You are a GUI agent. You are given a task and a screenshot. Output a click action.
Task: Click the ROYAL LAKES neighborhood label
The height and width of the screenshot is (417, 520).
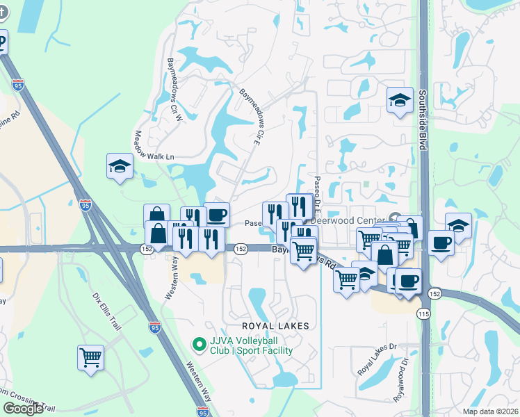point(274,325)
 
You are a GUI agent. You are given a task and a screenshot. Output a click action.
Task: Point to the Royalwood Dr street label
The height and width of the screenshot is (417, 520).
point(403,379)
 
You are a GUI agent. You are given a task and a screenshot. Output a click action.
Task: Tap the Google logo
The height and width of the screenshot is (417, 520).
point(22,409)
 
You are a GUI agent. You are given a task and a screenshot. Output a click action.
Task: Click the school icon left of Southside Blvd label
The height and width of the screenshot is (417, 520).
point(400,100)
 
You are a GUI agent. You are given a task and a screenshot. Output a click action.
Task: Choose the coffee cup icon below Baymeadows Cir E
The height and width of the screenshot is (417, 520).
point(217,214)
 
